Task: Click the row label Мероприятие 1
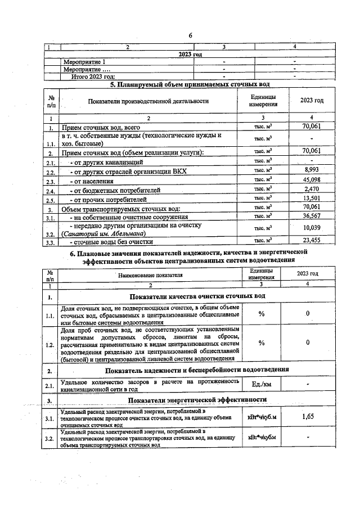pos(84,61)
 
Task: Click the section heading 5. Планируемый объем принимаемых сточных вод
pos(190,84)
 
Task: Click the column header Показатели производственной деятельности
pos(148,101)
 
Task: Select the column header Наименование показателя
pos(151,275)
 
